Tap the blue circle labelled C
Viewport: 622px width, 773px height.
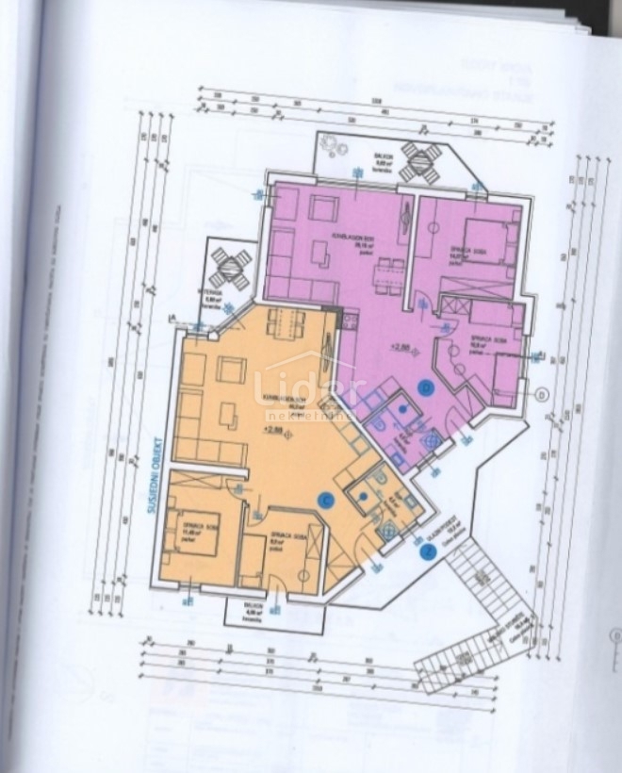[x=327, y=501]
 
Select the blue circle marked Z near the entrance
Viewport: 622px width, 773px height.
[x=430, y=553]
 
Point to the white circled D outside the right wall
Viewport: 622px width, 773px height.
[x=541, y=394]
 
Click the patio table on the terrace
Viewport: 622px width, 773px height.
[x=230, y=269]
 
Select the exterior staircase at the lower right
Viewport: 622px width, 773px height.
[x=469, y=613]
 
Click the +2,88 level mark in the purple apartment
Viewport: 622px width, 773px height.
[x=401, y=348]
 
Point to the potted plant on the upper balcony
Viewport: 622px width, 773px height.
[x=331, y=145]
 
